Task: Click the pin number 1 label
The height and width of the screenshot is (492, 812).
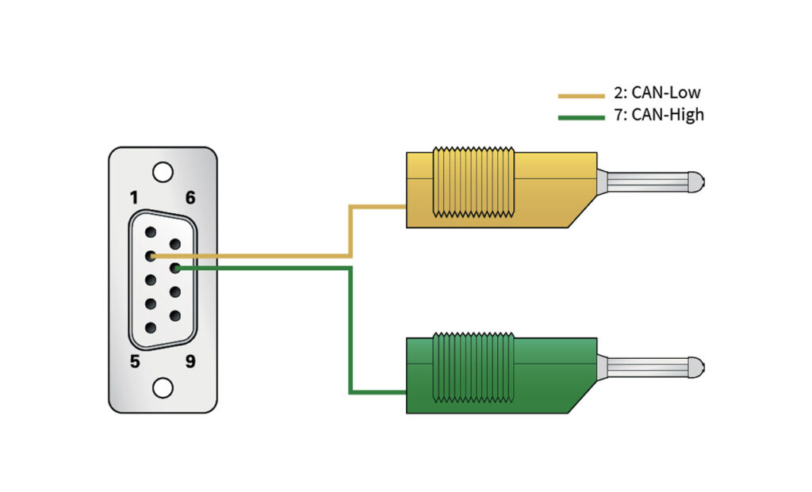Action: [134, 197]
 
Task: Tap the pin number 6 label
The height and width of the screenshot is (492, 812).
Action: [190, 197]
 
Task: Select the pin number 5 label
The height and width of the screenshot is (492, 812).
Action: [135, 361]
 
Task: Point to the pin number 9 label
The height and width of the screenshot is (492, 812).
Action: [190, 361]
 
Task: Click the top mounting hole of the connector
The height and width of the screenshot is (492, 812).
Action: [163, 171]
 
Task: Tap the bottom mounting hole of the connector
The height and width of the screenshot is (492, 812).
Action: [163, 387]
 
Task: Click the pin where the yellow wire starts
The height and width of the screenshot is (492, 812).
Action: [150, 256]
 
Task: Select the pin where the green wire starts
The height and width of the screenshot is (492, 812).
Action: [175, 269]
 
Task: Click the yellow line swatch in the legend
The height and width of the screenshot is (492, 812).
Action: [581, 96]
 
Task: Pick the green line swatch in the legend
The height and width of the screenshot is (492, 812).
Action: [581, 118]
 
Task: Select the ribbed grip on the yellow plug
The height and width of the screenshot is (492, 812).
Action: [473, 181]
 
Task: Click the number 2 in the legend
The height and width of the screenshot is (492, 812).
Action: [619, 93]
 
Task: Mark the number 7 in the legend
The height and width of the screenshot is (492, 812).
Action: [619, 115]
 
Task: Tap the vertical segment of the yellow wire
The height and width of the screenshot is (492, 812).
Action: [350, 231]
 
